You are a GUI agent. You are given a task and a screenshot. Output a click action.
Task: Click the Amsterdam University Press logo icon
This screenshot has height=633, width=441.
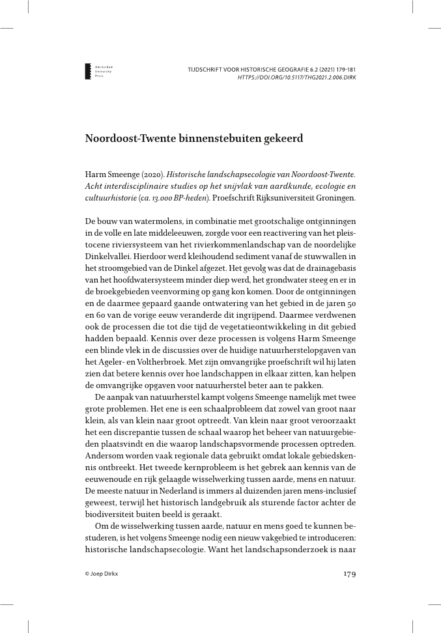(x=89, y=72)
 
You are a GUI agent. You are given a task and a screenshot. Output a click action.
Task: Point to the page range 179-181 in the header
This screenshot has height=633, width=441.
(x=341, y=68)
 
